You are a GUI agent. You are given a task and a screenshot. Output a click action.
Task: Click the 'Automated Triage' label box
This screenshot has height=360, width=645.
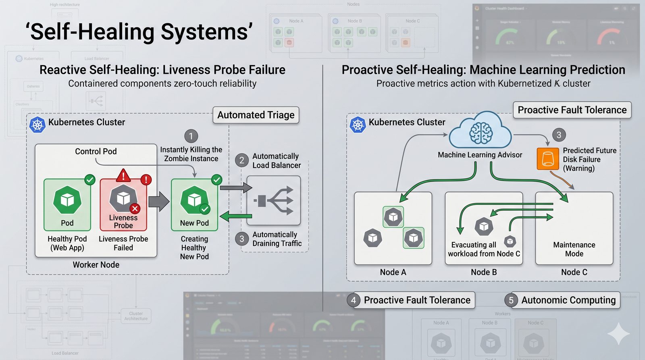[x=256, y=115]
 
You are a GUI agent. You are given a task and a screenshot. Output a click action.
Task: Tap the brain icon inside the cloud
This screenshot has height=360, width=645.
[x=481, y=133]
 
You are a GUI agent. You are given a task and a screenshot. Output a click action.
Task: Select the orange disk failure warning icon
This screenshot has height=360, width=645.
[x=547, y=158]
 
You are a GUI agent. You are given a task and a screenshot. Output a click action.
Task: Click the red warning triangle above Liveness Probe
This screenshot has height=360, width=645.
[x=123, y=175]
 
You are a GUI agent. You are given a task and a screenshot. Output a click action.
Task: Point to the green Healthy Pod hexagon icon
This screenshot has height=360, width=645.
[x=67, y=200]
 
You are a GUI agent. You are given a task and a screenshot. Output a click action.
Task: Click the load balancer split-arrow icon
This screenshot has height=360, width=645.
[x=274, y=200]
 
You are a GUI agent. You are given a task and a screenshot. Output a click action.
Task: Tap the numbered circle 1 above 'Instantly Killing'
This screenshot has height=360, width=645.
[x=191, y=136]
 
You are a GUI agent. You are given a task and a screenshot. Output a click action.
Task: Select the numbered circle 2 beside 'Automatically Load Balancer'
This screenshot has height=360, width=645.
[x=242, y=160]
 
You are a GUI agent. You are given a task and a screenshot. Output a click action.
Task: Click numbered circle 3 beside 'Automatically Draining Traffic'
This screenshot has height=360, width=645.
[x=242, y=239]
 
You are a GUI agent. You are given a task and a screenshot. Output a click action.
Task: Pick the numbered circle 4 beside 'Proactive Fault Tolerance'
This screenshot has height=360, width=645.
[x=354, y=300]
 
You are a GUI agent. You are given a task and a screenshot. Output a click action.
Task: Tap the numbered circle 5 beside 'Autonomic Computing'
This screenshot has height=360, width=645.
[x=511, y=300]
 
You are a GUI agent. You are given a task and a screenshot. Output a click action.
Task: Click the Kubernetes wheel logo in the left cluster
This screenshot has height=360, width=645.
[x=37, y=125]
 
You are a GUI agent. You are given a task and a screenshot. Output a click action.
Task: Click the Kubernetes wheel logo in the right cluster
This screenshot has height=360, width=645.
[x=358, y=125]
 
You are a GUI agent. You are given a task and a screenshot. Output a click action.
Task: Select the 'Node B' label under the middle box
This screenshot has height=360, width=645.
[x=484, y=273]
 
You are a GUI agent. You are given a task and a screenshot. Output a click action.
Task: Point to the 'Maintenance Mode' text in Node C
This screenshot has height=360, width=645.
[x=574, y=249]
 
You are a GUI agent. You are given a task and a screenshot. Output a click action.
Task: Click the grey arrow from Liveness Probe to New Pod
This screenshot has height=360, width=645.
[x=159, y=202]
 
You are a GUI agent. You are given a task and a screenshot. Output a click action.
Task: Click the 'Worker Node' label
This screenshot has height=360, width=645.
[x=96, y=265]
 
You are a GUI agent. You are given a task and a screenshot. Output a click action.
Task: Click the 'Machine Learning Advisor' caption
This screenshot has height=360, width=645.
[x=480, y=155]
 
